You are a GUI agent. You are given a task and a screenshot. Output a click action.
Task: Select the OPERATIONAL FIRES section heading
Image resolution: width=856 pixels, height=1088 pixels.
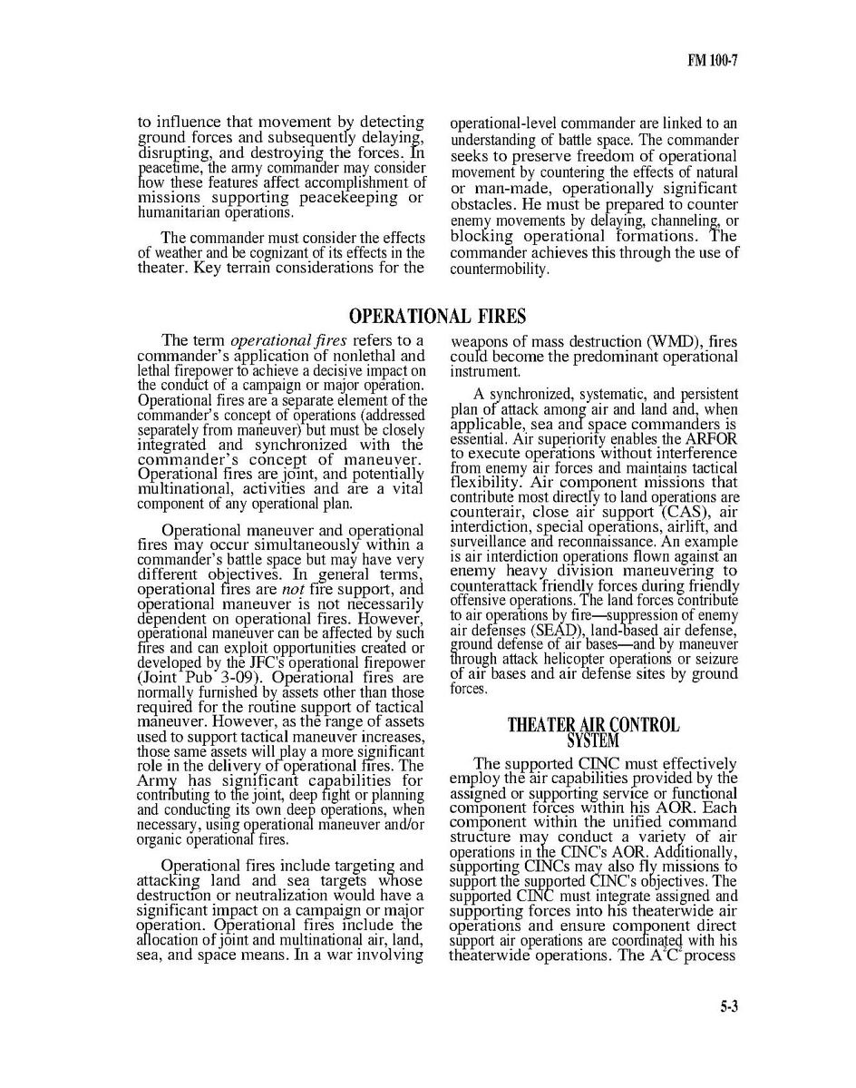coord(437,317)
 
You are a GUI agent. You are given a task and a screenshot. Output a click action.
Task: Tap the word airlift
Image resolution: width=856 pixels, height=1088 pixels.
coord(686,527)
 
